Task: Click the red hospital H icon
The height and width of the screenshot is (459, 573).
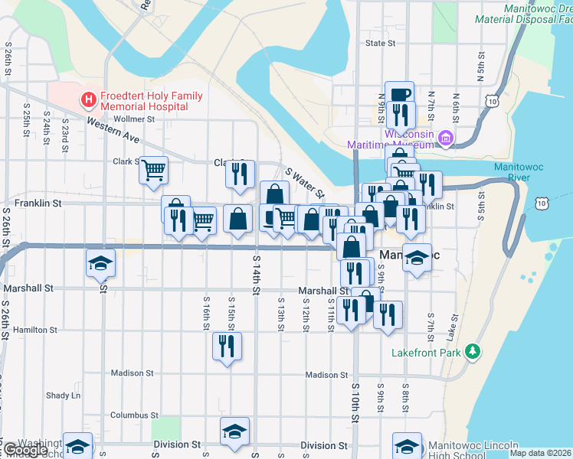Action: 89,99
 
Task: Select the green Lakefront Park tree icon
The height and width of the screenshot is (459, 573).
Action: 473,352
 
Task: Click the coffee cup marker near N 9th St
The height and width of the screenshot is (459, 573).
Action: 399,94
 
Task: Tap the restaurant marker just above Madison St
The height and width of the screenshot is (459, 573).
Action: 227,345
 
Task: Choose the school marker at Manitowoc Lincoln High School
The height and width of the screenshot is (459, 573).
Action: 407,446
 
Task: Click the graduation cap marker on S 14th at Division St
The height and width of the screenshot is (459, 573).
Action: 234,430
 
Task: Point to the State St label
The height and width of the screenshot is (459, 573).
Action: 380,44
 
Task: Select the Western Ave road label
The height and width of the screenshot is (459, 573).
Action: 112,132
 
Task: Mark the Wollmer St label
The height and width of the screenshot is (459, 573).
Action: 134,119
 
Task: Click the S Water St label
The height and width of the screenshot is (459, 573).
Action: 305,183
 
